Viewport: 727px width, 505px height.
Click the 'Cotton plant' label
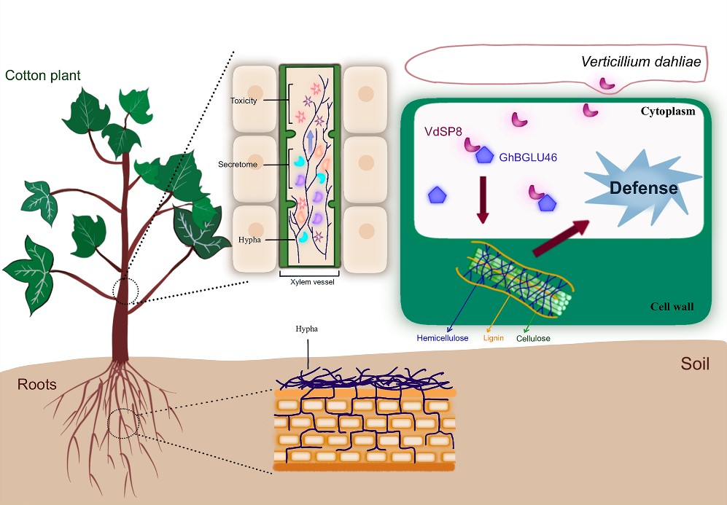42,75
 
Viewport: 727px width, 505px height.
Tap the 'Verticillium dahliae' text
641,62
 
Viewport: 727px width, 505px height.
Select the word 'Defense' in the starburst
644,188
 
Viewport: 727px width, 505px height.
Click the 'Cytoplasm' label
667,111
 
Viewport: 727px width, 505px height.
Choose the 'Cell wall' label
672,306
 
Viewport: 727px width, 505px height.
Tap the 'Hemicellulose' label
443,338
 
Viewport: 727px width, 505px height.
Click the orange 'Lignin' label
494,338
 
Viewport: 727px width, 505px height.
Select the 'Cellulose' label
533,338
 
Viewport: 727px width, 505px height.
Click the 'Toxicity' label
244,101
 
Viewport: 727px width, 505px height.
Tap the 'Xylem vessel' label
307,281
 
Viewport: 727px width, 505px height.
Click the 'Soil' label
694,364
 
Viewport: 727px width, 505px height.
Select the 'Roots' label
37,384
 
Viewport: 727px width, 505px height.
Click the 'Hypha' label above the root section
306,329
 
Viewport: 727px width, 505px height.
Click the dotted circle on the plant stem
125,290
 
